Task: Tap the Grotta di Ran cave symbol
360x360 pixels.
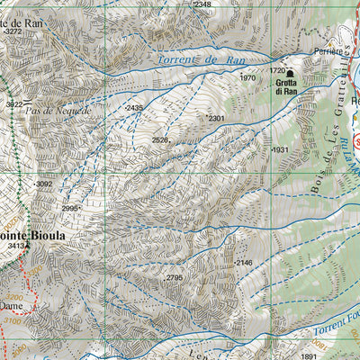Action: click(x=290, y=73)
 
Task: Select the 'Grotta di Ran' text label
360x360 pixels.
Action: click(x=286, y=86)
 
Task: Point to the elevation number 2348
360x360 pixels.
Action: click(x=202, y=4)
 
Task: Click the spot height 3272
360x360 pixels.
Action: click(x=12, y=31)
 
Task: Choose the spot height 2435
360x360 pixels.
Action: click(x=134, y=108)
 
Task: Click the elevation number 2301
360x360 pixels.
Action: click(x=216, y=118)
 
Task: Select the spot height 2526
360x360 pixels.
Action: click(x=160, y=139)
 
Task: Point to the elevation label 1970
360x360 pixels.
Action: click(x=247, y=78)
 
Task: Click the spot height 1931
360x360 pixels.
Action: click(x=279, y=149)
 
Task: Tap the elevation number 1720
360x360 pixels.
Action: click(x=277, y=69)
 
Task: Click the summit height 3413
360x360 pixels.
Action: click(x=15, y=244)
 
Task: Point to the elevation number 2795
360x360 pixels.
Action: click(x=174, y=278)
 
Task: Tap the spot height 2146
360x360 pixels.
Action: click(x=244, y=262)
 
